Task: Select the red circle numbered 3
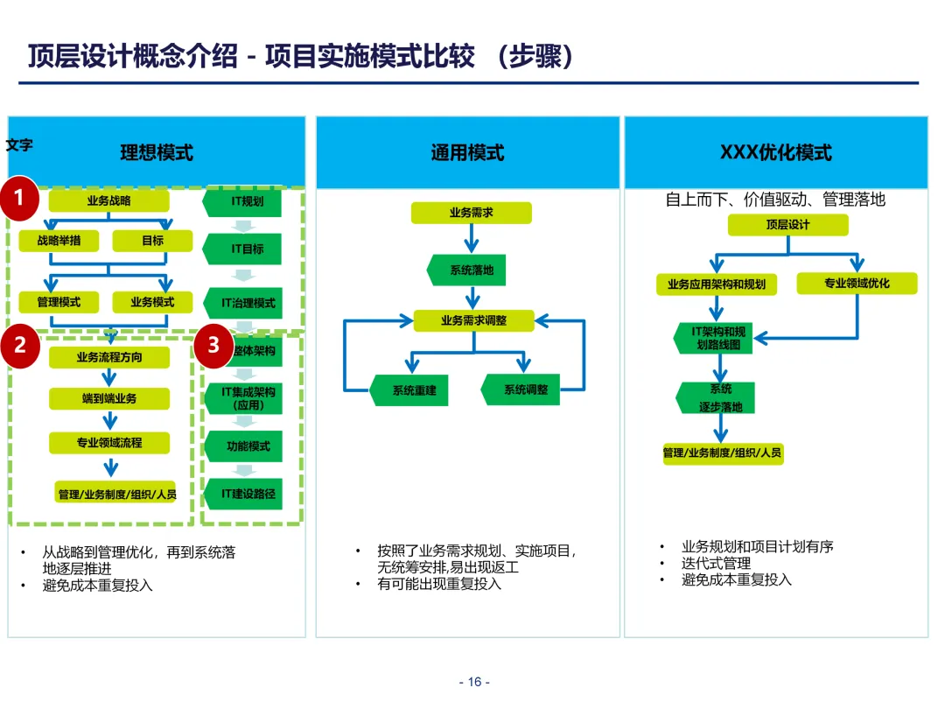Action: [x=213, y=345]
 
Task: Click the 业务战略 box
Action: [x=108, y=201]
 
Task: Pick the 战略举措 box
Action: [x=59, y=241]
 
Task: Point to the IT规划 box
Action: [x=246, y=201]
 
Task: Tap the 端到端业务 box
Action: [x=108, y=399]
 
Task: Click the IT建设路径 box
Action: [x=248, y=494]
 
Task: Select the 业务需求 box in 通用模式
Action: [x=472, y=212]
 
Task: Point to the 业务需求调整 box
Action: [x=473, y=321]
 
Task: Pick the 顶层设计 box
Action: [x=787, y=225]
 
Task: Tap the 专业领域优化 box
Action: [x=857, y=284]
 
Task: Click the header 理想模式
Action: [x=157, y=153]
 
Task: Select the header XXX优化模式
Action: [x=775, y=153]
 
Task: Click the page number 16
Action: [x=474, y=683]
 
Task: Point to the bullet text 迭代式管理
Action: [x=716, y=564]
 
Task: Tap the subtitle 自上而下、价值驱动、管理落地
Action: [x=775, y=200]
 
